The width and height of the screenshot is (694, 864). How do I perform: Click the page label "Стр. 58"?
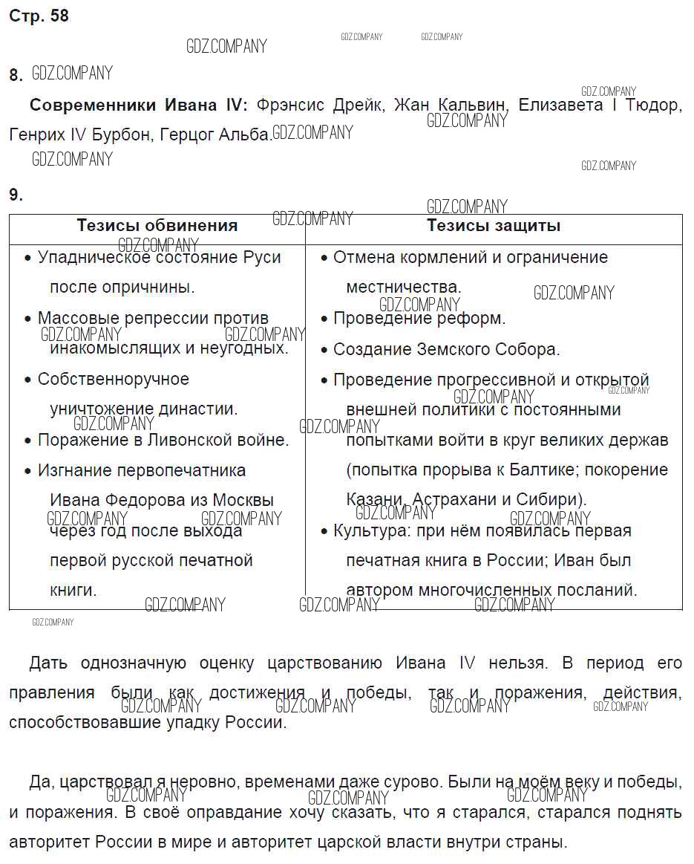point(39,16)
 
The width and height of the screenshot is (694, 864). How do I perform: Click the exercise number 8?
point(16,75)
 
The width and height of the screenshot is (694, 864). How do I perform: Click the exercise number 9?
point(16,195)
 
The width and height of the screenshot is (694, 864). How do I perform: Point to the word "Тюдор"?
point(652,105)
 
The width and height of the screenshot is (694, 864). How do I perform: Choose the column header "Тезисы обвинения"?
point(157,226)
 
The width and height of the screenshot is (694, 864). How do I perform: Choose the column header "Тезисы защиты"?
point(494,226)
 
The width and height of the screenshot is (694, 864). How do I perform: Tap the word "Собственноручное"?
point(114,379)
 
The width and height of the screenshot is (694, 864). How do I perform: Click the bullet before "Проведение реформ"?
point(324,319)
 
